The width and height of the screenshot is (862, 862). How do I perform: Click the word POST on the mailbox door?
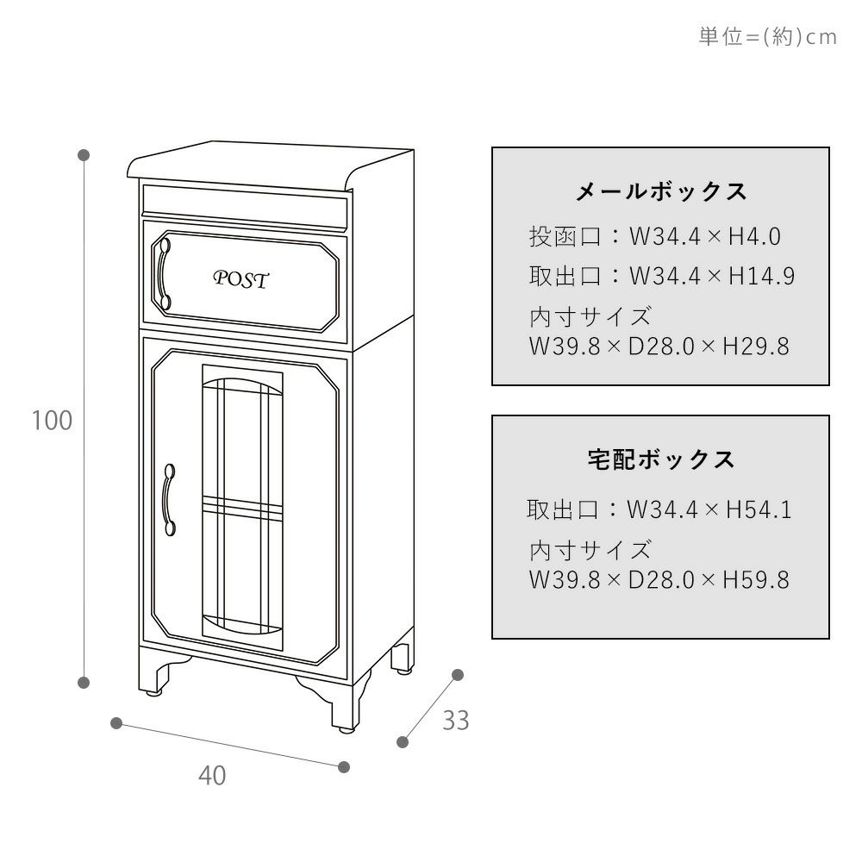[241, 279]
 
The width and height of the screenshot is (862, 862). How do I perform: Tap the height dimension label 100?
[52, 422]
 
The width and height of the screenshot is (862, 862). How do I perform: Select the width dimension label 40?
[212, 775]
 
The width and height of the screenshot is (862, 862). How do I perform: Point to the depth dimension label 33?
[456, 720]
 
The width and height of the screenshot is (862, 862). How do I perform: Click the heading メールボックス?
[661, 191]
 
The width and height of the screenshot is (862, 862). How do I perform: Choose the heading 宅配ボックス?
[661, 459]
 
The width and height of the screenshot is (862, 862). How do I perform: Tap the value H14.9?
[761, 277]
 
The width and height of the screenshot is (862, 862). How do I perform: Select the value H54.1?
[759, 510]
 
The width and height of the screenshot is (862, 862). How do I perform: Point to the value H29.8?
[755, 347]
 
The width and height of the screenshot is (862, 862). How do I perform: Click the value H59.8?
[755, 580]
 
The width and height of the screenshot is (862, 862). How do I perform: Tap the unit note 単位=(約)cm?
[767, 37]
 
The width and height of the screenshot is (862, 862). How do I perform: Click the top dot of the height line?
[84, 155]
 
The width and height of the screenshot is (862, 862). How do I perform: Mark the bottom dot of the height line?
[84, 683]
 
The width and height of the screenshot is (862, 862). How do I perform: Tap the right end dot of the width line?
[344, 766]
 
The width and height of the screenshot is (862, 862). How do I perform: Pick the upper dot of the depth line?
[458, 675]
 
